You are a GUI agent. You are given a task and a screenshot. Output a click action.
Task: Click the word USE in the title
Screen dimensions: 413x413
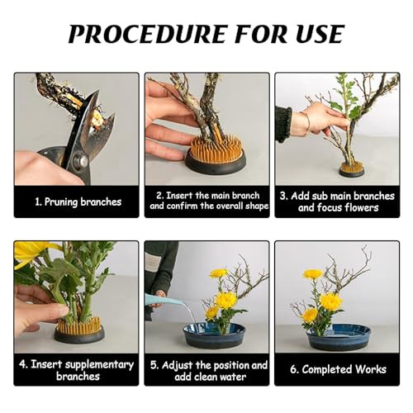tap(320, 34)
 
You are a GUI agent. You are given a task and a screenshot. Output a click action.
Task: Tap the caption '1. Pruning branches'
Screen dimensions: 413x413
tap(78, 202)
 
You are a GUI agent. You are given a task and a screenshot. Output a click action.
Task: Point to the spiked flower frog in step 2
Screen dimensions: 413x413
tap(215, 155)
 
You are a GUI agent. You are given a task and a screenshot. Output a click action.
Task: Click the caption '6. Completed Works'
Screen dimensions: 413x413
tap(338, 369)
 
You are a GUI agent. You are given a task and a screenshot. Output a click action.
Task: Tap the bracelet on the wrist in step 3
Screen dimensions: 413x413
tap(306, 121)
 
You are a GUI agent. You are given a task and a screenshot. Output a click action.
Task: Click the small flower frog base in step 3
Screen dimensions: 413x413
tap(352, 169)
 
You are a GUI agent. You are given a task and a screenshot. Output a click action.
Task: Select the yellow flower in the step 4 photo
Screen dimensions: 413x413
tap(32, 253)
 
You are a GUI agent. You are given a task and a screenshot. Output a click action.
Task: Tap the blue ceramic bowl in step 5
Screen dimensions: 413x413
tap(214, 335)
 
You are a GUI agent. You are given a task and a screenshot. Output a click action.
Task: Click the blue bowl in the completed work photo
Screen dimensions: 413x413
tap(339, 337)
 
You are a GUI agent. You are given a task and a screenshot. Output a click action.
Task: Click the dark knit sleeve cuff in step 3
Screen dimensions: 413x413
tap(283, 125)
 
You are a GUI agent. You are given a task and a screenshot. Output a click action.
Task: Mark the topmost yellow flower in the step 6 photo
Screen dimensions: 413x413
tap(313, 273)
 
